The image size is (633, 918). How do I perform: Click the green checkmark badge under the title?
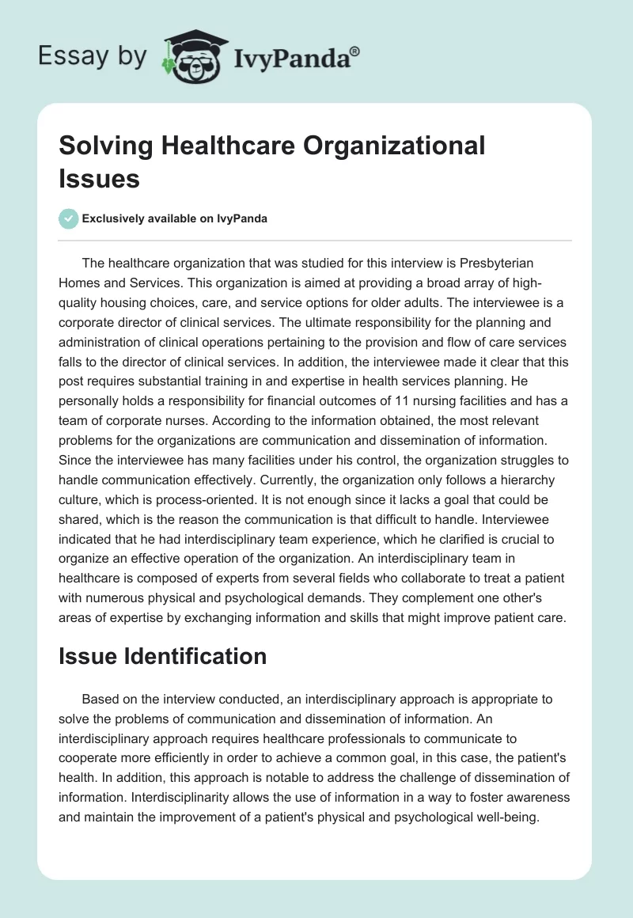tap(69, 218)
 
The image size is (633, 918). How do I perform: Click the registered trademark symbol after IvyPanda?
tap(355, 50)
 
